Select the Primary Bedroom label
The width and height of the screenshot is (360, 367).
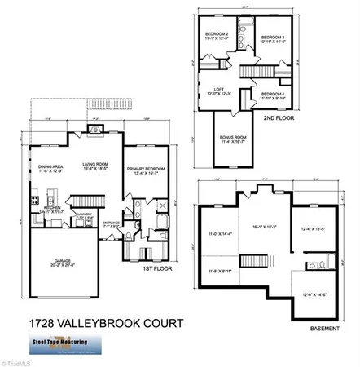146,170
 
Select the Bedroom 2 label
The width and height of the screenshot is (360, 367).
216,34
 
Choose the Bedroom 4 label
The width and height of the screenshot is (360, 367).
273,95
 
